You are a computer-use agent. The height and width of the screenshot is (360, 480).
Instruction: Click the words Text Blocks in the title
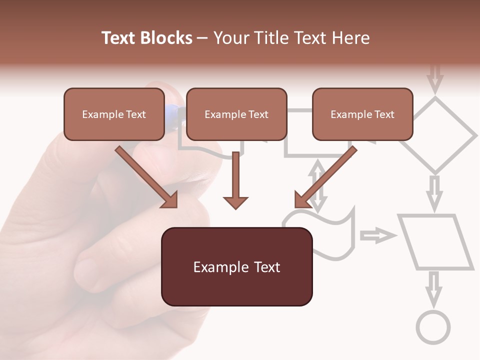click(x=146, y=38)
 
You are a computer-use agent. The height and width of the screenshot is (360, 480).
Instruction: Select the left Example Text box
click(x=114, y=114)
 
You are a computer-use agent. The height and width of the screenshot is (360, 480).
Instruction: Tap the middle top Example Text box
click(x=236, y=114)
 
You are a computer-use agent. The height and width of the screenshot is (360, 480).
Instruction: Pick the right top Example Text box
click(x=362, y=114)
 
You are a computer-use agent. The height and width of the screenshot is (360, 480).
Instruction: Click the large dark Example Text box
click(x=236, y=266)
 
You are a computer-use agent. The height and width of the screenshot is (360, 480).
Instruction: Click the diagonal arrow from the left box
click(x=146, y=177)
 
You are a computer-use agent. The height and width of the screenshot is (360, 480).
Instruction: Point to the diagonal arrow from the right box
click(x=325, y=177)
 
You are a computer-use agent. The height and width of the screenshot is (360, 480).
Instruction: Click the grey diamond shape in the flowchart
click(x=436, y=134)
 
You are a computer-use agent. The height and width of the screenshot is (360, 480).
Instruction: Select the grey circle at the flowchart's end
click(x=433, y=328)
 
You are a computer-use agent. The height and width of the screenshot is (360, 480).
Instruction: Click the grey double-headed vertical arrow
click(x=317, y=185)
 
